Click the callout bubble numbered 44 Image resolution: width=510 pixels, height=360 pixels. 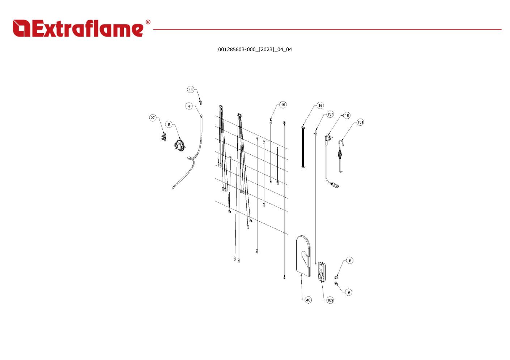click(191, 90)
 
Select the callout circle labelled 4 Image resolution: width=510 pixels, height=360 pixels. click(189, 106)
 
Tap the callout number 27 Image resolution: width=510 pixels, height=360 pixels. click(153, 118)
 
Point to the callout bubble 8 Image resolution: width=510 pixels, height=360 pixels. click(169, 124)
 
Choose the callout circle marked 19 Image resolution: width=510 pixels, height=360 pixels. click(283, 105)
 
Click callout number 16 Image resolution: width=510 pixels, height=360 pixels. click(320, 106)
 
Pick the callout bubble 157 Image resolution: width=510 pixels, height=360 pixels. click(330, 114)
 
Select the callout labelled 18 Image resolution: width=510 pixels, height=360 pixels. click(347, 116)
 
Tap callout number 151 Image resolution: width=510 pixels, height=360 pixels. click(360, 122)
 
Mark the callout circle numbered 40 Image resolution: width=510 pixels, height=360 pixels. click(308, 300)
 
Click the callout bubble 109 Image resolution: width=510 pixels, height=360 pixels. click(330, 300)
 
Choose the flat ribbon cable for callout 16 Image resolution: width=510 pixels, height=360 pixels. click(303, 147)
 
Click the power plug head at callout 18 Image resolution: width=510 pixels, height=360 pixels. click(328, 138)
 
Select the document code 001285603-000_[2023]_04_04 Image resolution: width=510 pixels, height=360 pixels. click(255, 50)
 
